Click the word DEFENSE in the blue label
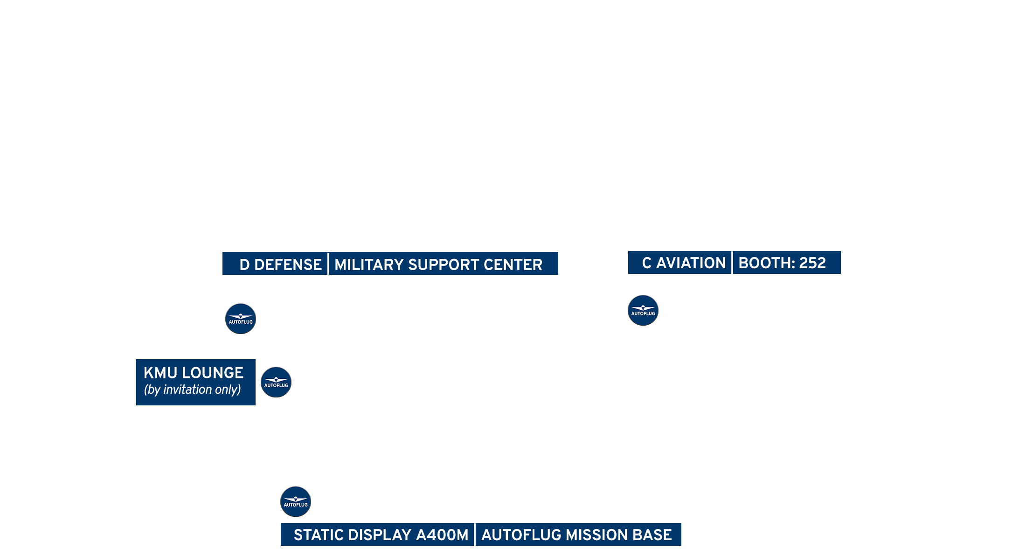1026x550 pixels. [288, 265]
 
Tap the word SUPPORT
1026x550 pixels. [443, 265]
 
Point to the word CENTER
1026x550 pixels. [513, 265]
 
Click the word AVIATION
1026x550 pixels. [691, 263]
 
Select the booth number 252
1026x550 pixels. [812, 263]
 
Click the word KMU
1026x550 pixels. [160, 373]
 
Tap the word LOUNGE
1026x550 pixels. [213, 373]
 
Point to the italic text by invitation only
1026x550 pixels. [192, 390]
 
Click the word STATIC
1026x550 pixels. [319, 535]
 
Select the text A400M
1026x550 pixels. [442, 535]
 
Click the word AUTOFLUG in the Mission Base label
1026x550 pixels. [521, 535]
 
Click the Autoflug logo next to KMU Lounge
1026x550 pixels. [276, 382]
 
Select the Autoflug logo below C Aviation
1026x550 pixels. [643, 310]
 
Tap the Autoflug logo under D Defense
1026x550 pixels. [241, 319]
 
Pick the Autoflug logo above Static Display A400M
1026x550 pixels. [296, 501]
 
